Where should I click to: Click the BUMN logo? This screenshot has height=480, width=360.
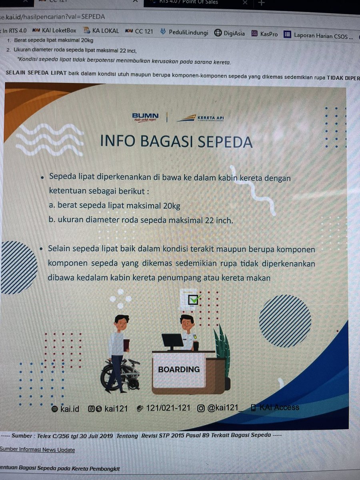point(145,117)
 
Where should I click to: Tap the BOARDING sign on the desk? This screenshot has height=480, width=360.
point(179,369)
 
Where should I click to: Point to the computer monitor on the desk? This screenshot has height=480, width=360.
point(172,341)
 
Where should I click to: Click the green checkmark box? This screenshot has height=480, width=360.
point(194,299)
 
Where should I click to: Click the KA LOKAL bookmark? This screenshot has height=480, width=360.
point(101,30)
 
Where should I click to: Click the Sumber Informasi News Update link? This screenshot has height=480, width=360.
point(37,450)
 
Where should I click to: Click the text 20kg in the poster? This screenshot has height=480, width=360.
point(172,206)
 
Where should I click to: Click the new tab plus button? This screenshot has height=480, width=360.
point(262,3)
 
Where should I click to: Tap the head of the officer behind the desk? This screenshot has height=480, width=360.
point(186,320)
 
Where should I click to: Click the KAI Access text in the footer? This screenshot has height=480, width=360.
point(279,408)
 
